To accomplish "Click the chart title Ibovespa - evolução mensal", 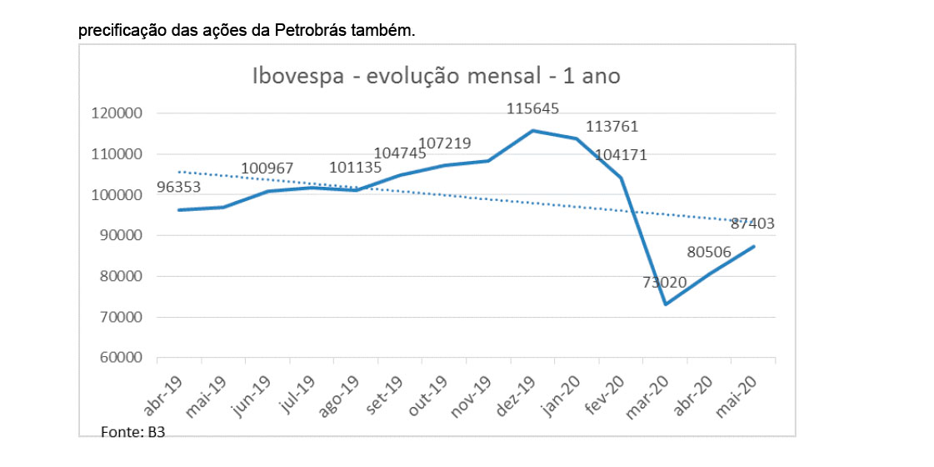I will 437,76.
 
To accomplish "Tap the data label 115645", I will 533,108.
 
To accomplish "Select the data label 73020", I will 664,282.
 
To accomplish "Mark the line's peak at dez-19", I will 533,130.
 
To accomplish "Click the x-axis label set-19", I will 386,395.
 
